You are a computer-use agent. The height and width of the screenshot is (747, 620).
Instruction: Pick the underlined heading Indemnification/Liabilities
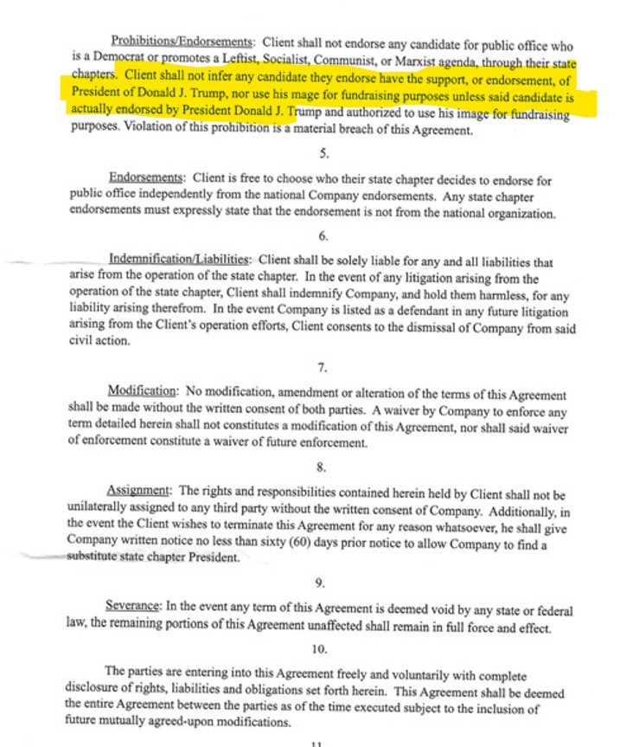180,260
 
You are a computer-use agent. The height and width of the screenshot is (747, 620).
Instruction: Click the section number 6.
322,236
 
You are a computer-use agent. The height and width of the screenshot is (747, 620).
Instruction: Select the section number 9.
322,583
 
